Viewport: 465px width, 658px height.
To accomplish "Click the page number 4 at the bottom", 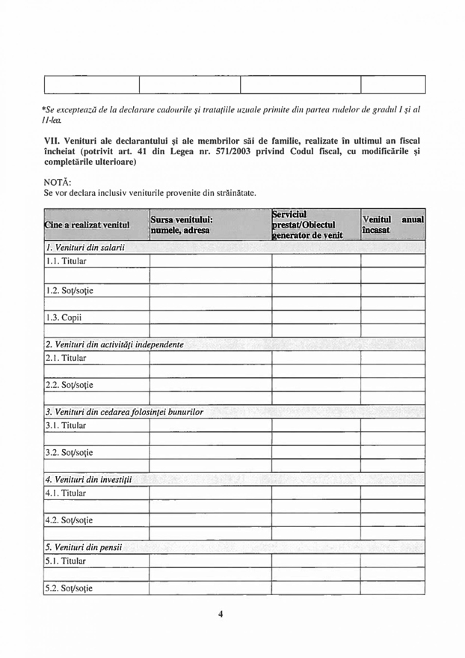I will [221, 615].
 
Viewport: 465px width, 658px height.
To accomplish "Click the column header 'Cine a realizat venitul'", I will [87, 225].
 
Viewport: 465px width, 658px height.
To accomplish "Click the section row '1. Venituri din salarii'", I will [84, 247].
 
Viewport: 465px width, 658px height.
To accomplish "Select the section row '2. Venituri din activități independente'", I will [114, 344].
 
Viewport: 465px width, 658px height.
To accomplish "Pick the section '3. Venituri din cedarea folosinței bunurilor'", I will [124, 412].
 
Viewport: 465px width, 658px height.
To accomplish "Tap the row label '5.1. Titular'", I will [67, 561].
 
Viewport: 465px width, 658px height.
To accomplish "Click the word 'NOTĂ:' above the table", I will [59, 181].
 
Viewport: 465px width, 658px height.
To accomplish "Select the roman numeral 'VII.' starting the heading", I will [53, 140].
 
